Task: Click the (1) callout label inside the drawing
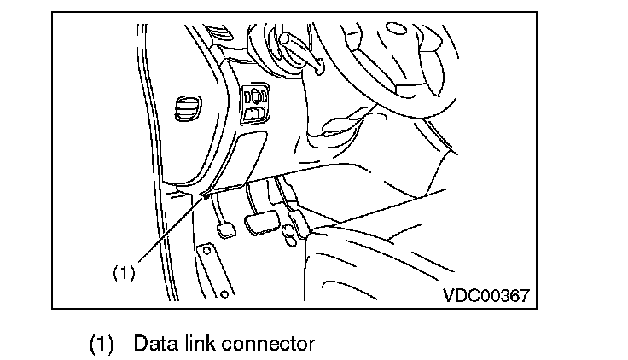tap(125, 273)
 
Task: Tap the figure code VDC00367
tap(486, 295)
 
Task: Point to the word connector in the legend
tap(268, 344)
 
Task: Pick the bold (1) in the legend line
tap(102, 345)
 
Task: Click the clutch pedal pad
tap(225, 231)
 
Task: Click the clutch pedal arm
tap(218, 205)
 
